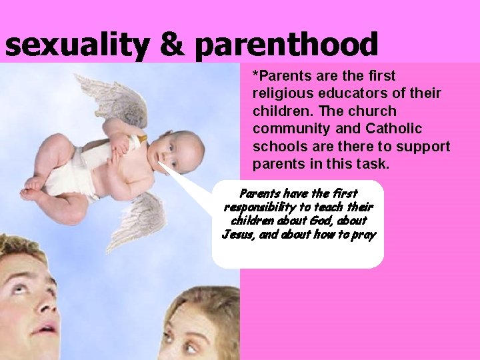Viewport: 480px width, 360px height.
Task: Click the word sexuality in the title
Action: (75, 45)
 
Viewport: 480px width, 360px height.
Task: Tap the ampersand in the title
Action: (172, 45)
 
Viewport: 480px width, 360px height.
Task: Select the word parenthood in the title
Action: (287, 45)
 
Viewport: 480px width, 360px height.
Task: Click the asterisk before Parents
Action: (255, 75)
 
